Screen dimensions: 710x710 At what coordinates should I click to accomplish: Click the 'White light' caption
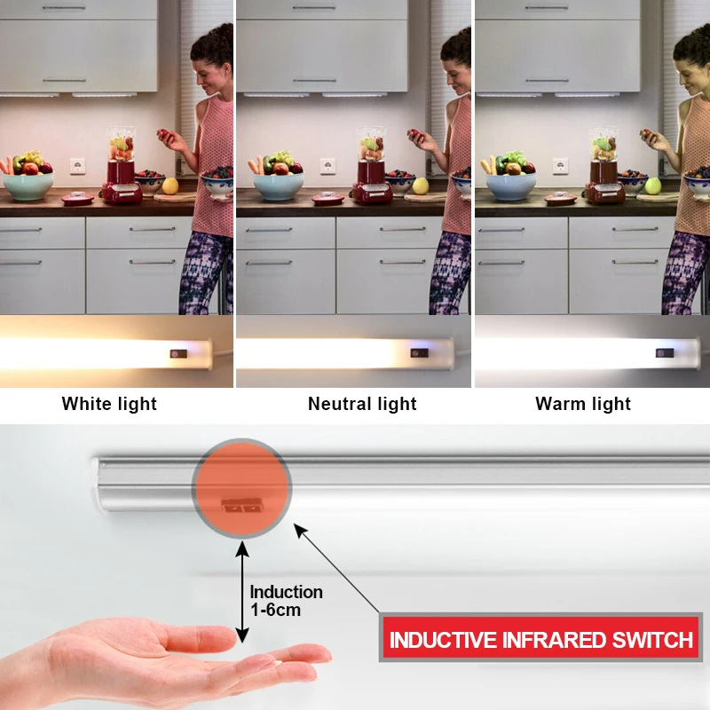click(109, 404)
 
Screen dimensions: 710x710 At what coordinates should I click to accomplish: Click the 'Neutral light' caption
click(362, 404)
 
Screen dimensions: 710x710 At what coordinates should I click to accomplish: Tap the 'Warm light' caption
click(583, 404)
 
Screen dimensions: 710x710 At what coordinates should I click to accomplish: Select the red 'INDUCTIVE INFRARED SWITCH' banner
click(541, 639)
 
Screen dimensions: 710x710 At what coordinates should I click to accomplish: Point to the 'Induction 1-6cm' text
click(286, 601)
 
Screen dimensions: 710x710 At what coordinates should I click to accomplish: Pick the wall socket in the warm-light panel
click(560, 165)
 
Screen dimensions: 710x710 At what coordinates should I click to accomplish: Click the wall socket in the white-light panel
click(77, 165)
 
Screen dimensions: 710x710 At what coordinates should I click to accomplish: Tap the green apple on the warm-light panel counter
click(653, 185)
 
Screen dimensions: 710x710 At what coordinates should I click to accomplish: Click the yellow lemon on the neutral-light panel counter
click(421, 185)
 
